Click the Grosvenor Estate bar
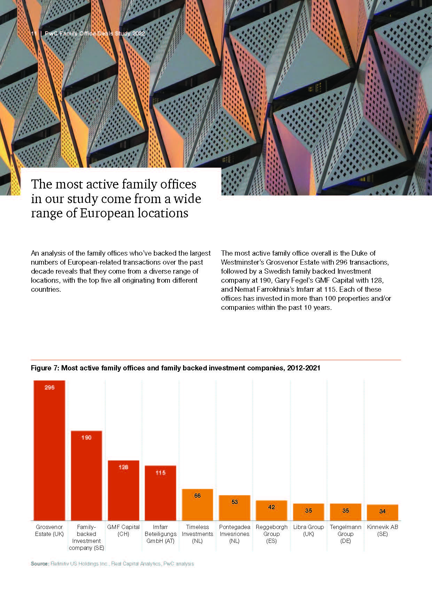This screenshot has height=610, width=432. tap(49, 452)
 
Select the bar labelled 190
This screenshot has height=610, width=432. tap(86, 476)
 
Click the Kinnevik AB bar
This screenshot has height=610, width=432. tap(382, 513)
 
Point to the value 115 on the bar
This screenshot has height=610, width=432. tap(160, 473)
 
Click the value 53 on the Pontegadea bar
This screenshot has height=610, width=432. tap(235, 502)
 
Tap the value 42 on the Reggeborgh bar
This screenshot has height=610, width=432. tap(272, 507)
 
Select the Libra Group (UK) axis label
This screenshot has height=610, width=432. tap(308, 530)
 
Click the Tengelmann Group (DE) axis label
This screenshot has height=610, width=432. tap(345, 534)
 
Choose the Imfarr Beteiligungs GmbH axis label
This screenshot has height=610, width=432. tap(160, 534)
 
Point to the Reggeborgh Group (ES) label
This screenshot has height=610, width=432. tap(272, 534)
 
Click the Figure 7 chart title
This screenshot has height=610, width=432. tap(175, 368)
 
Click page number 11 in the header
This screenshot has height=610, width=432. tap(34, 34)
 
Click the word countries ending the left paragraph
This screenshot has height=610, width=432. tap(46, 289)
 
